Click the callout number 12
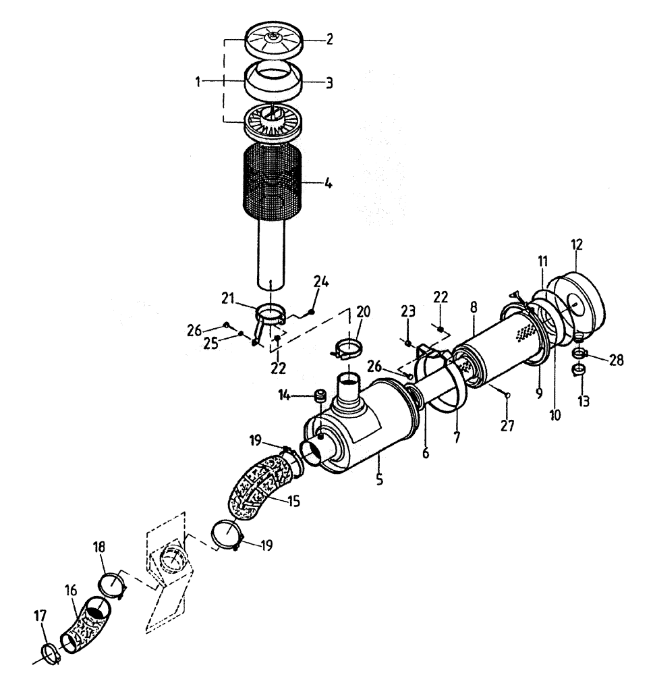(x=577, y=244)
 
